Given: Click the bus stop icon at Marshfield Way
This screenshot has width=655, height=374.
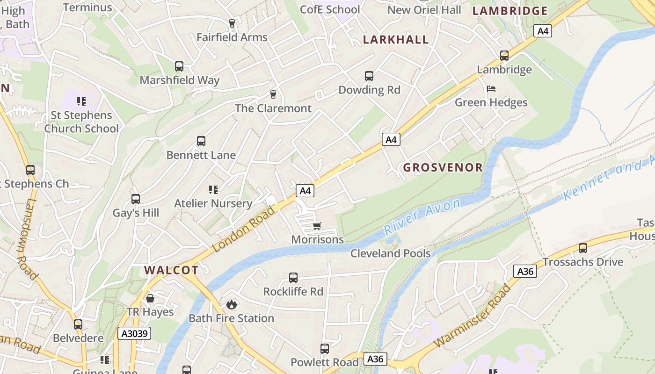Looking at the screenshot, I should click(179, 66).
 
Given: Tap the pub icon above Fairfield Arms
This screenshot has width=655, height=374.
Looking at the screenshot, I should click(232, 23).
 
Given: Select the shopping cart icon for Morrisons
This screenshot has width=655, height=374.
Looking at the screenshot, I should click(317, 226).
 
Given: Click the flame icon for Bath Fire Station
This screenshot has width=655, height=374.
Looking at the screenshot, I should click(231, 305).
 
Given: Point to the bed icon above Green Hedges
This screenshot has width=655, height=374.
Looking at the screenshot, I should click(491, 89).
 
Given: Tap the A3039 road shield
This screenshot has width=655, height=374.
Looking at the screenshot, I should click(134, 333).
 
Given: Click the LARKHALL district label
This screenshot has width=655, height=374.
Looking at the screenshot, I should click(396, 40).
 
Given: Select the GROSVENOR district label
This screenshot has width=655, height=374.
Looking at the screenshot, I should click(443, 167).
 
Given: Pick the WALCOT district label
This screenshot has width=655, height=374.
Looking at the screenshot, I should click(171, 270).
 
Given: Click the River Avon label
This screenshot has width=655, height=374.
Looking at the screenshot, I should click(422, 216).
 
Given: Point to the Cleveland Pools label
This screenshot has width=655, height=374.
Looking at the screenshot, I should click(391, 253).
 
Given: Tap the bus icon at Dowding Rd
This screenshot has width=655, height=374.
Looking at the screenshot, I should click(369, 76).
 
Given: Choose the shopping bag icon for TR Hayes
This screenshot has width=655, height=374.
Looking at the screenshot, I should click(150, 298).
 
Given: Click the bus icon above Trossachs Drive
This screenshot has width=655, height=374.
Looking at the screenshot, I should click(583, 248).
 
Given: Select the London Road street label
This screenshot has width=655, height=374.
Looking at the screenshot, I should click(244, 229).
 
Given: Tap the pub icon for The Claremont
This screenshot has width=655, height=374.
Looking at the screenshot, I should click(274, 94).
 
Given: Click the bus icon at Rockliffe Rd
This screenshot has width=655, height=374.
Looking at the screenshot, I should click(293, 278).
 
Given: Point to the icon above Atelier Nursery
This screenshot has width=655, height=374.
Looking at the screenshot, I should click(213, 190).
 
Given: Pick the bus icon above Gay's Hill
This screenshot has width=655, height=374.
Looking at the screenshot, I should click(136, 199).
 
